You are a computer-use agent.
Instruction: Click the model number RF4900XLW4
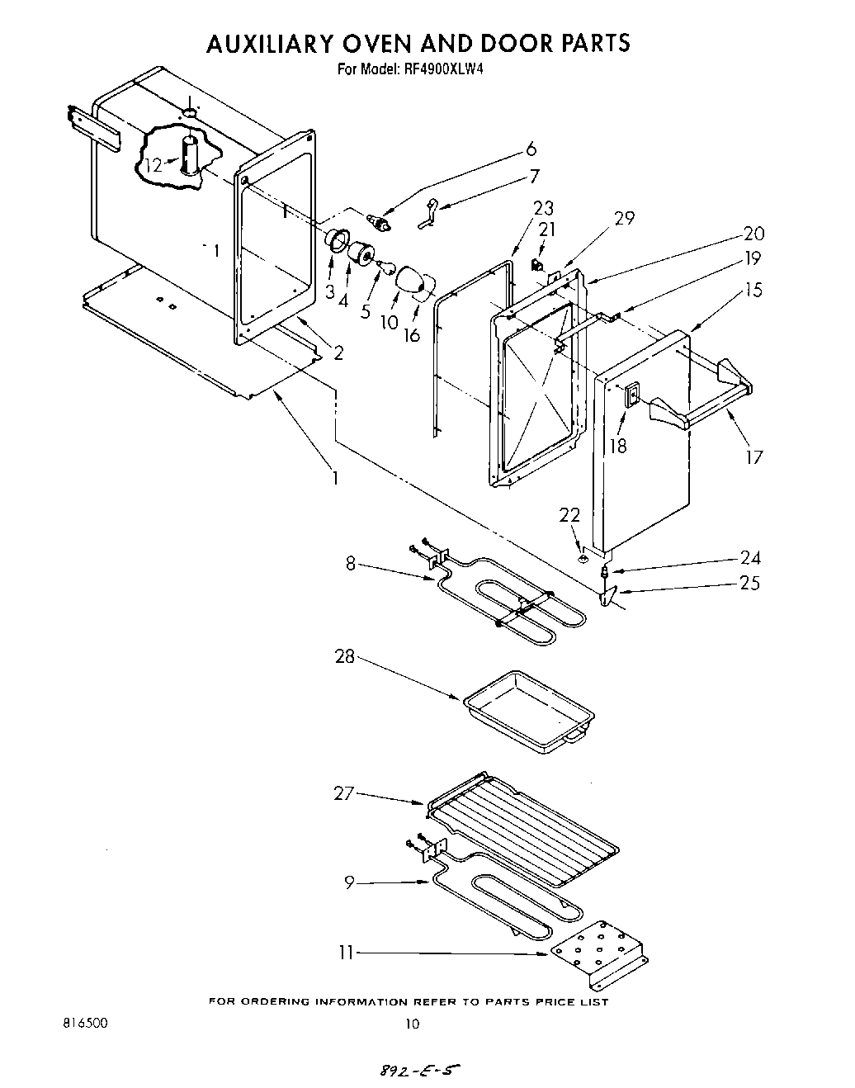point(446,70)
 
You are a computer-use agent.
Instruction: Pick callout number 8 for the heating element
point(351,565)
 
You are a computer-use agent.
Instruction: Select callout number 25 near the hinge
point(749,583)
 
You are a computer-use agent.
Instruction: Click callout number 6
point(531,149)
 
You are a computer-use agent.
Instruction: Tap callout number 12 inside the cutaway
point(154,164)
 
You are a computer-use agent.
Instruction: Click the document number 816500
point(85,1022)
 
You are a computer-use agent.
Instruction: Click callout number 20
point(753,234)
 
